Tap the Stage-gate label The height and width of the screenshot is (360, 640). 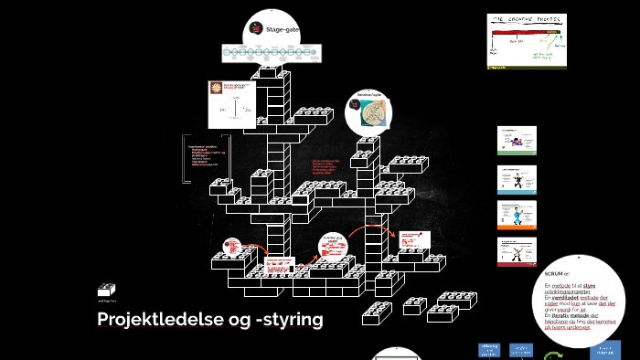(282, 30)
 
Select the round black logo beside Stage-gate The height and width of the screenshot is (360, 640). (256, 30)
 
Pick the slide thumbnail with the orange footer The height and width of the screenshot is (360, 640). (516, 215)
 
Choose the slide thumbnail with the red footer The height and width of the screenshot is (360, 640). (516, 252)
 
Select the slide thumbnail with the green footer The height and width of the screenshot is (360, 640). (516, 141)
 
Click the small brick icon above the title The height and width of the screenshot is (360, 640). (107, 289)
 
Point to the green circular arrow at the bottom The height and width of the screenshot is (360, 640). (552, 356)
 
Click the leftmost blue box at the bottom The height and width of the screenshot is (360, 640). (489, 349)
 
